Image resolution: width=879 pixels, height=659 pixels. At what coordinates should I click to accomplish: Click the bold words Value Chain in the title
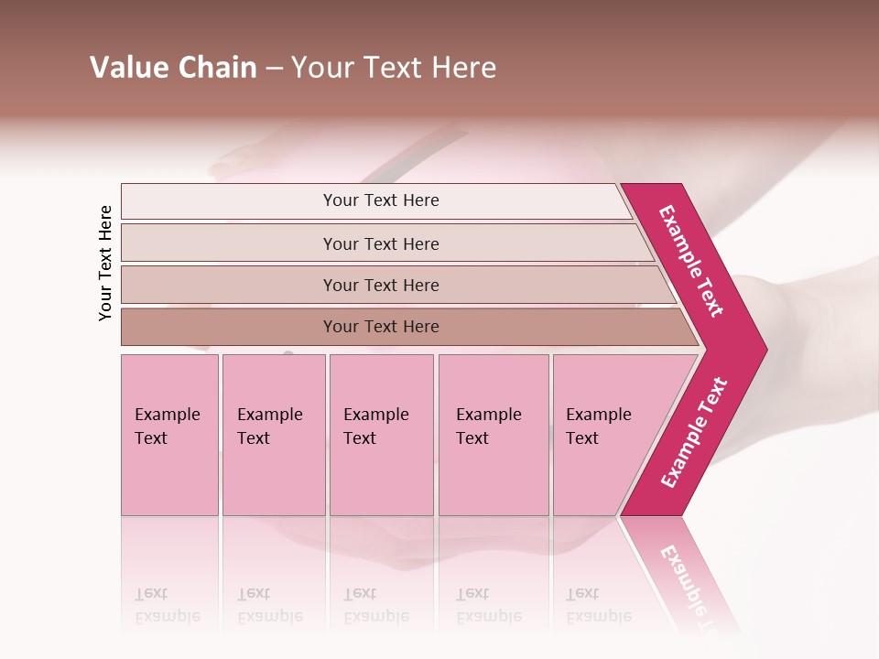[x=173, y=67]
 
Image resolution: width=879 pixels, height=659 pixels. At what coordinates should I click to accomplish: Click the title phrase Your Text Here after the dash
[x=394, y=67]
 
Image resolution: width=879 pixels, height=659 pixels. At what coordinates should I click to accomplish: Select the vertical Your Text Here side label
[x=105, y=263]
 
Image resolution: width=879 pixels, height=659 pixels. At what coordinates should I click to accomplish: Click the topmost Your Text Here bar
[x=380, y=200]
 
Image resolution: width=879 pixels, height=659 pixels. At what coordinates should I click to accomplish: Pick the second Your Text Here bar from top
[x=380, y=243]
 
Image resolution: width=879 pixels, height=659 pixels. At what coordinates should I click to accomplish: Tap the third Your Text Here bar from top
[x=380, y=285]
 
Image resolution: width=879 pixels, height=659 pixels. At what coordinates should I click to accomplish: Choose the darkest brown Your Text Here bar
[x=380, y=327]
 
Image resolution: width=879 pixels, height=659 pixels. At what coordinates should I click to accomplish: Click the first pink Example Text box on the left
[x=169, y=435]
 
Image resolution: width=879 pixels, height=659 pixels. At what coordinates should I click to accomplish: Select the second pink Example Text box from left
[x=273, y=435]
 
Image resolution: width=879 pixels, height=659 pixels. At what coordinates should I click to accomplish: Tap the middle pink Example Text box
[x=381, y=435]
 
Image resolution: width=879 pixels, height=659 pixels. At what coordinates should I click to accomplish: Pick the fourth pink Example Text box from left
[x=493, y=435]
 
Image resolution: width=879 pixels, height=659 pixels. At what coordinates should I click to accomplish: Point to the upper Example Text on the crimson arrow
[x=691, y=261]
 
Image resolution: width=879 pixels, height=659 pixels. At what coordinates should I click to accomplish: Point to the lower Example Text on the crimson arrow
[x=694, y=433]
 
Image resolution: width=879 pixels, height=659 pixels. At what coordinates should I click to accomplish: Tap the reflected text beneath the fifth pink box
[x=598, y=605]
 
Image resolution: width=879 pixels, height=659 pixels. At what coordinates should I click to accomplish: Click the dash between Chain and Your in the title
[x=274, y=68]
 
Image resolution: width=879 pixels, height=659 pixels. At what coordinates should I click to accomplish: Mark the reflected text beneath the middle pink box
[x=375, y=605]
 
